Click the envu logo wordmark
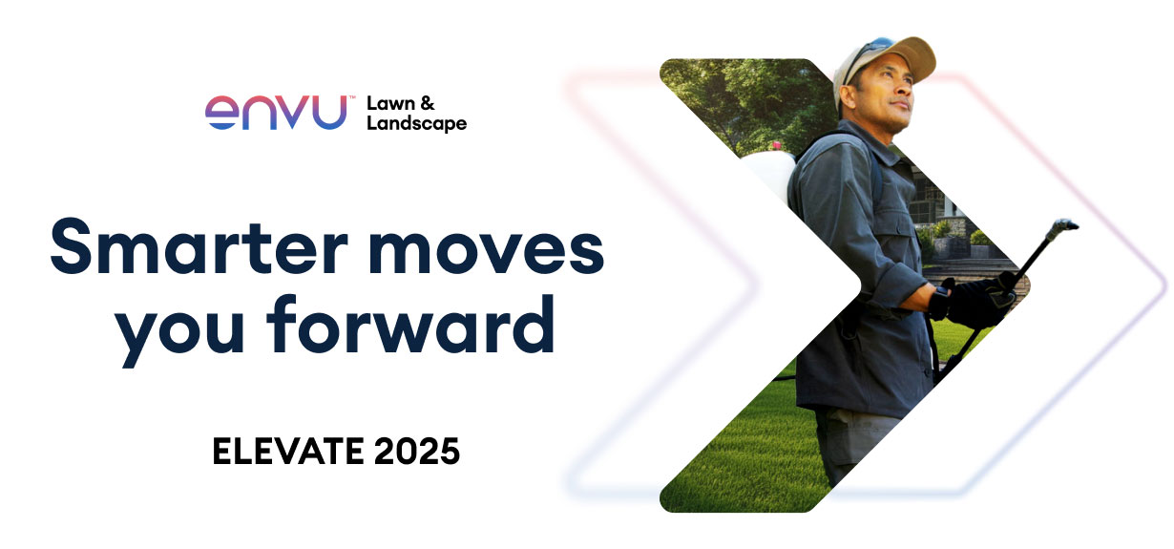(275, 112)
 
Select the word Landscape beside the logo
(416, 123)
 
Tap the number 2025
(416, 452)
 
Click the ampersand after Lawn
(427, 103)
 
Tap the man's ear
(848, 96)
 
